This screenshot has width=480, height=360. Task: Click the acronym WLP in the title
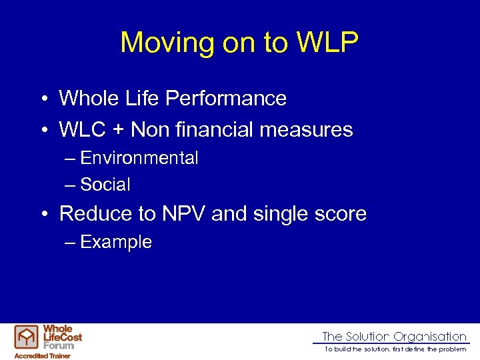click(327, 43)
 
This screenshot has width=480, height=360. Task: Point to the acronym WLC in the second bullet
click(81, 129)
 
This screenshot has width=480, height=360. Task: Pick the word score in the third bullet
click(342, 214)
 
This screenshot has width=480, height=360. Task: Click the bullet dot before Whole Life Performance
click(42, 99)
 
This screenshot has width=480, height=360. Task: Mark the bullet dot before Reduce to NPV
click(42, 215)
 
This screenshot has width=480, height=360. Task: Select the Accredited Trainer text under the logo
click(43, 356)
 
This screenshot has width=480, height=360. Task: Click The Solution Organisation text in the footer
click(394, 337)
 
